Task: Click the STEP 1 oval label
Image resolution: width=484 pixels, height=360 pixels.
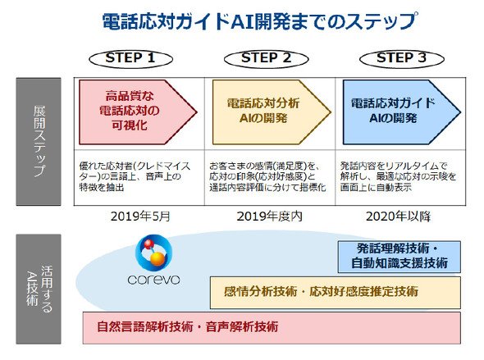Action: coord(130,58)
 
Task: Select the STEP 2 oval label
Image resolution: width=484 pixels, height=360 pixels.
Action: coord(266,58)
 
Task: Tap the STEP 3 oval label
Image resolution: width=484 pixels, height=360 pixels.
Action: coord(402,58)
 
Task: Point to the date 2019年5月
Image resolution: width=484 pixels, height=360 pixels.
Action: coord(140,216)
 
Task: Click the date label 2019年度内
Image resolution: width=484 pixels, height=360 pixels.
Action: coord(269,216)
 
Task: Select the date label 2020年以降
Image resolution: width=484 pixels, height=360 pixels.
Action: coord(398,216)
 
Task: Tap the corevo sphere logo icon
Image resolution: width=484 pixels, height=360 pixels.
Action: coord(153,253)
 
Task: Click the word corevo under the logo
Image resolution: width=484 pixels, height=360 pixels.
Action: coord(153,280)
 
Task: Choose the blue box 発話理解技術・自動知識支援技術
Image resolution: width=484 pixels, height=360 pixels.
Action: coord(400,257)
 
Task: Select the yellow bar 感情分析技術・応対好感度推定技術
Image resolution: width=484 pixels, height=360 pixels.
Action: coord(336,292)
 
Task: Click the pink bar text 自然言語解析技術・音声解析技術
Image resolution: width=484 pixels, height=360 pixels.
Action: coord(188,326)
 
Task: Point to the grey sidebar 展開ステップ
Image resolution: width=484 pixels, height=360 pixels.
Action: coord(39,142)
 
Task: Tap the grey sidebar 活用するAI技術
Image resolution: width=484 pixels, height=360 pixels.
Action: coord(39,289)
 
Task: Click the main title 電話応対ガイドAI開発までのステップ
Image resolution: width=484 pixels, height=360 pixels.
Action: coord(260,21)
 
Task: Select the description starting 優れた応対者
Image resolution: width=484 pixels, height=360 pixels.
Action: coord(135,176)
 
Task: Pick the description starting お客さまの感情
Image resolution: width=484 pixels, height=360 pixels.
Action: coord(267,176)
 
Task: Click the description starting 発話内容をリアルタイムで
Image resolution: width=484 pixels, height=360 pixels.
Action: coord(398,176)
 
